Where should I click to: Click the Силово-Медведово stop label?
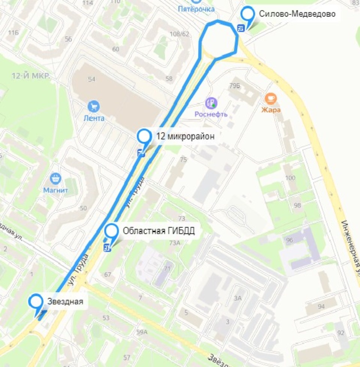coord(297,15)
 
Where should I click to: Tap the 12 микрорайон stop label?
coord(185,136)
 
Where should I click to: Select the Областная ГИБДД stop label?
coord(159,231)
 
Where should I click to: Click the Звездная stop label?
coord(65,301)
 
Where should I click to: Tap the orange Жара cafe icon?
coord(270,99)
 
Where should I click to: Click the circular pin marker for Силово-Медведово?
coord(247,14)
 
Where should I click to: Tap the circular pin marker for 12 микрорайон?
coord(144,136)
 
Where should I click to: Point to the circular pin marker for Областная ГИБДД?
coord(111,230)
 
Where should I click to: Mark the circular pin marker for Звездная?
coord(36,301)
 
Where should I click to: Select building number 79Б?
coord(235,86)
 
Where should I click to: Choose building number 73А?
coord(175,243)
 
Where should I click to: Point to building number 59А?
coord(142,332)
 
